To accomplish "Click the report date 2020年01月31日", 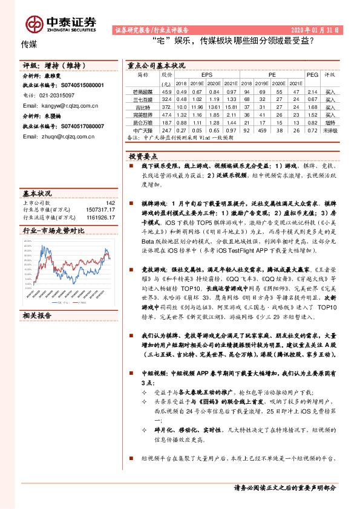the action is click(x=317, y=29).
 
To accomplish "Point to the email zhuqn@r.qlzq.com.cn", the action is click(x=60, y=137).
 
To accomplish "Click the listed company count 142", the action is click(x=110, y=203).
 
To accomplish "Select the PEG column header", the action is click(x=312, y=74).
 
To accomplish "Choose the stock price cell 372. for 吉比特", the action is click(x=167, y=106).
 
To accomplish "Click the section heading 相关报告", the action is click(x=38, y=315).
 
